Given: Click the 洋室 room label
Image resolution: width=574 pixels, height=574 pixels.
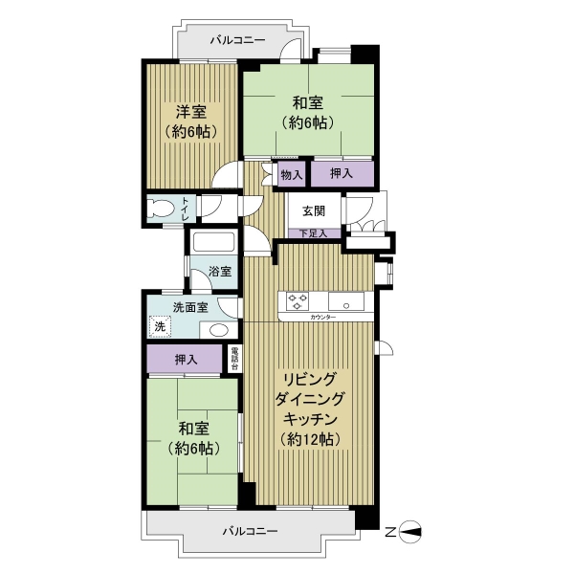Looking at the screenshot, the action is [x=191, y=112].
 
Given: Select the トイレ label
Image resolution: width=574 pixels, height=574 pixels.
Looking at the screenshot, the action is [x=186, y=209].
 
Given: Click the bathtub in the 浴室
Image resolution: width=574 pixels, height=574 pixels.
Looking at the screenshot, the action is [x=213, y=242].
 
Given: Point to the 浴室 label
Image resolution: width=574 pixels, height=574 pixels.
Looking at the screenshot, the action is [x=220, y=272].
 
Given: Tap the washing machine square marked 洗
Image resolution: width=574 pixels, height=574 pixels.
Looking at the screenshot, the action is [x=160, y=326].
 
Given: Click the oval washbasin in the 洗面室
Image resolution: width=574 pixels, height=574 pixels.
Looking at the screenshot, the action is [x=219, y=330].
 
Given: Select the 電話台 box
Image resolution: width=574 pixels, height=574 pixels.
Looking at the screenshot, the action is [x=234, y=359].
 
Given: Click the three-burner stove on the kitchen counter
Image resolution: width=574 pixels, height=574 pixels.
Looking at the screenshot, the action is [x=298, y=301].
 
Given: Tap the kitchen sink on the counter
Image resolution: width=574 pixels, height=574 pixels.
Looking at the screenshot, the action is [x=346, y=301].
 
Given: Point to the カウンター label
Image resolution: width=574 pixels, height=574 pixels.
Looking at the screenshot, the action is [x=322, y=317].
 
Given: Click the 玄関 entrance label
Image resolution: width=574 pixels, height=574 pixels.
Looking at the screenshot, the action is [x=314, y=210].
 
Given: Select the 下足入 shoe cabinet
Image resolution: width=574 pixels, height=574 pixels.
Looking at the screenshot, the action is [x=315, y=233].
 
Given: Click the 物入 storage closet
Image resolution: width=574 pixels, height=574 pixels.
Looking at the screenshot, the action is [x=292, y=174].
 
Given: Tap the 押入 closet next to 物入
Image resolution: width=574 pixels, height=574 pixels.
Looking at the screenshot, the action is [x=342, y=173].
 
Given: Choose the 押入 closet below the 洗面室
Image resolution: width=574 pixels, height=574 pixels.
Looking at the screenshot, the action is [x=185, y=359].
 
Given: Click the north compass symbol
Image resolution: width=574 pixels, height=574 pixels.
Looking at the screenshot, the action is [x=409, y=532].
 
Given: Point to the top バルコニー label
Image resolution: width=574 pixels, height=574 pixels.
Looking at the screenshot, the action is [x=237, y=40].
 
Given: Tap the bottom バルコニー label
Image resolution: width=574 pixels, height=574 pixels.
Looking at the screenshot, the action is [x=251, y=531].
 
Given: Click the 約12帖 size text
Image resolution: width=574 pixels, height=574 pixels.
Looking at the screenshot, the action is [x=310, y=439].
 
